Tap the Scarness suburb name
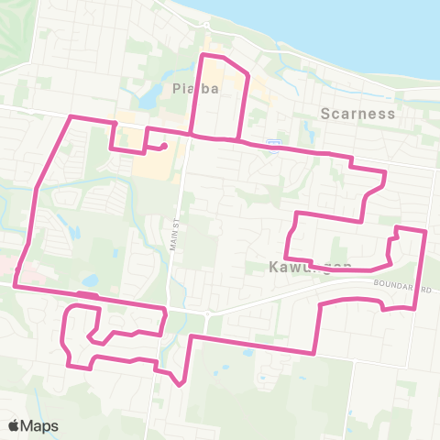click(358, 114)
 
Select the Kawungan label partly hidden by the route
click(311, 267)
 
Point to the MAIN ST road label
click(173, 235)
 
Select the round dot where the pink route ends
click(162, 145)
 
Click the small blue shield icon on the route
click(272, 142)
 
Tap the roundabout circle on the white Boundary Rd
click(207, 314)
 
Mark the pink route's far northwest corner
click(72, 117)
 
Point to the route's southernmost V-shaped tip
click(181, 385)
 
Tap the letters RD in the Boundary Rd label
click(424, 288)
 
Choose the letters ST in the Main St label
click(173, 223)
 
